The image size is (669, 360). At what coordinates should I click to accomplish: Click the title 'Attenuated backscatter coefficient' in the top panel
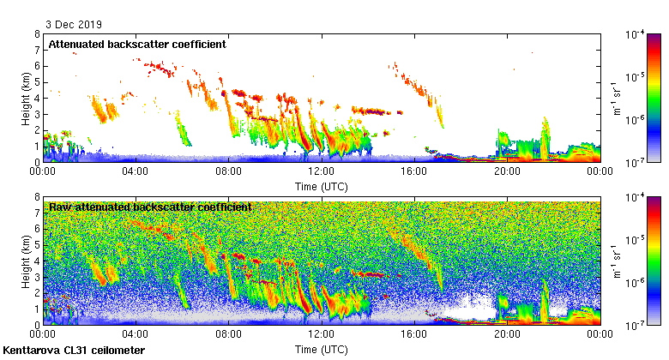click(136, 43)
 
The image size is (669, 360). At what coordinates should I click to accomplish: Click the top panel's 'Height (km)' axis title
click(25, 98)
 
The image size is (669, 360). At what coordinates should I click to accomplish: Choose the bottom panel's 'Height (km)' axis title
click(25, 261)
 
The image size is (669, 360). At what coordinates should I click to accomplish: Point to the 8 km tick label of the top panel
click(37, 35)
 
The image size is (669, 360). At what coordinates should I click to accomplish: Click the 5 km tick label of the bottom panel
click(37, 246)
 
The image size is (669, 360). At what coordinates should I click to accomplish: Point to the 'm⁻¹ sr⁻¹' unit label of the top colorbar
click(617, 98)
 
